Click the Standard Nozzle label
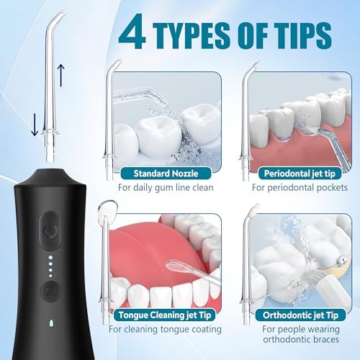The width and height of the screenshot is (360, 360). click(166, 173)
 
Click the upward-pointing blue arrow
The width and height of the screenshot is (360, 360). click(60, 72)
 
